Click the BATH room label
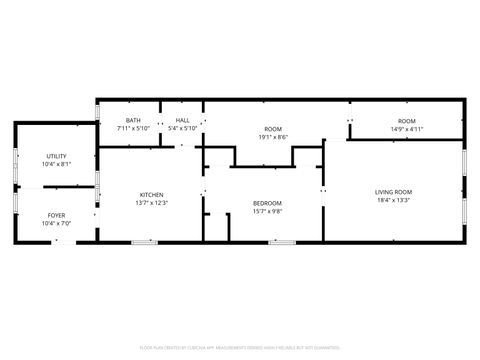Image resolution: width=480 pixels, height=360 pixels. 133,121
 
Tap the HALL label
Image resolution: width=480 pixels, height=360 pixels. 183,121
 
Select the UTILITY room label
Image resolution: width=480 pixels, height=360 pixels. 56,157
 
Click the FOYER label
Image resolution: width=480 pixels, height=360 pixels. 56,215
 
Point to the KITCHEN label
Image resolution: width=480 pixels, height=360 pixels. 152,194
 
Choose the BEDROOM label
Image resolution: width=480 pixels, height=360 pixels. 267,203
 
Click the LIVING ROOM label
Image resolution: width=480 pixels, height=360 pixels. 394,192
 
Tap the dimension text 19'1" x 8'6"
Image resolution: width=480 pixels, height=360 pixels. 273,137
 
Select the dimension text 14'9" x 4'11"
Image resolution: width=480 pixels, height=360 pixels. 406,129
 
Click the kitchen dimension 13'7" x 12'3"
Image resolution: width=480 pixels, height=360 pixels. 152,203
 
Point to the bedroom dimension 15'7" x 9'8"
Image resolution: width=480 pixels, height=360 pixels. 267,211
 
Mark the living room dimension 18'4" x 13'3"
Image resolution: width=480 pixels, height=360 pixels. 394,201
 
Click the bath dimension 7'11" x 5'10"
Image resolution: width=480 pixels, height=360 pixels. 133,129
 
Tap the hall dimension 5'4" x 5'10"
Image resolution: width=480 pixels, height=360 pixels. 183,129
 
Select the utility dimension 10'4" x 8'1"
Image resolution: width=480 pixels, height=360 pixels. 56,165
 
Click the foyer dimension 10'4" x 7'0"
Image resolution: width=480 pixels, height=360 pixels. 56,223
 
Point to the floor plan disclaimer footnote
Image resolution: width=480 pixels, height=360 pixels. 240,349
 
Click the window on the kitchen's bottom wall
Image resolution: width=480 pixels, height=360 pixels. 144,242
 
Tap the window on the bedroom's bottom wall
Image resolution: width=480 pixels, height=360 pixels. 282,242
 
